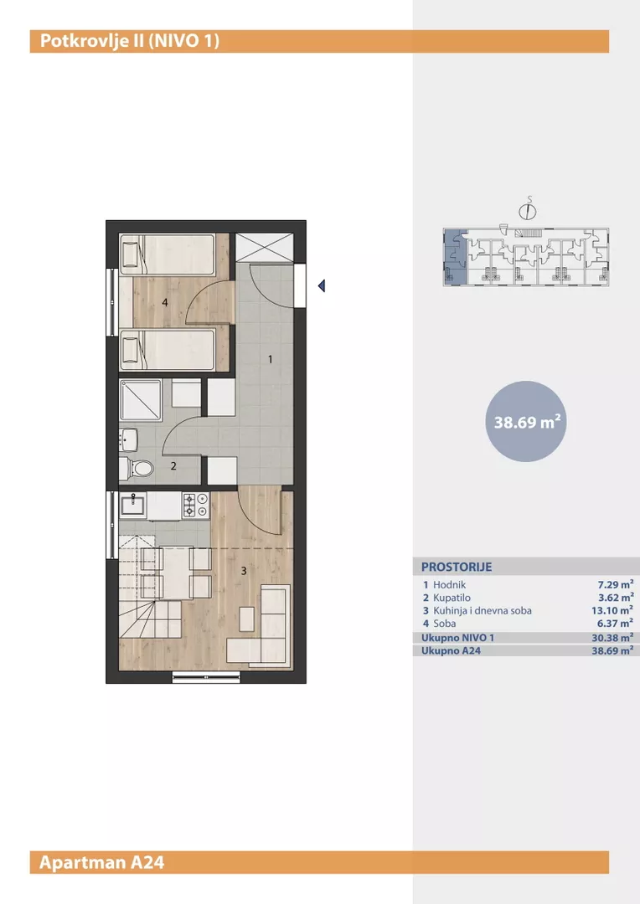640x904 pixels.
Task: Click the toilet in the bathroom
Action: [137, 468]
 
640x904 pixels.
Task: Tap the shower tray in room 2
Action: [141, 400]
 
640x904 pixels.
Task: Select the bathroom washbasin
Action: [128, 439]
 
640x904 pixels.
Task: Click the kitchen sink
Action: [133, 506]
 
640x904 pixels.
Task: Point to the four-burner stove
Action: [196, 505]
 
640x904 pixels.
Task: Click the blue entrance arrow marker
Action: [322, 285]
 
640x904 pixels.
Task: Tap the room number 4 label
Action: [165, 302]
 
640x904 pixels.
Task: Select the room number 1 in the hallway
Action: [270, 359]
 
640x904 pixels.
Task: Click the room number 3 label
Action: [244, 571]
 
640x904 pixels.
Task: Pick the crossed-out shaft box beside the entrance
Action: [265, 247]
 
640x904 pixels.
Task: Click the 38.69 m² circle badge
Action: [526, 421]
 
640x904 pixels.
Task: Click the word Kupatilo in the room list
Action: [452, 598]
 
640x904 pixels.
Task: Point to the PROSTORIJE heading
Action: [457, 567]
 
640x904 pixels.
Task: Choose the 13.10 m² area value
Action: [612, 610]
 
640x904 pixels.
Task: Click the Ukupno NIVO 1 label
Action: [457, 638]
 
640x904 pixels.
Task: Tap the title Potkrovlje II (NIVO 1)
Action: [130, 41]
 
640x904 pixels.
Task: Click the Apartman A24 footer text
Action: [102, 862]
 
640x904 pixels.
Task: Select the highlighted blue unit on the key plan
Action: [456, 257]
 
